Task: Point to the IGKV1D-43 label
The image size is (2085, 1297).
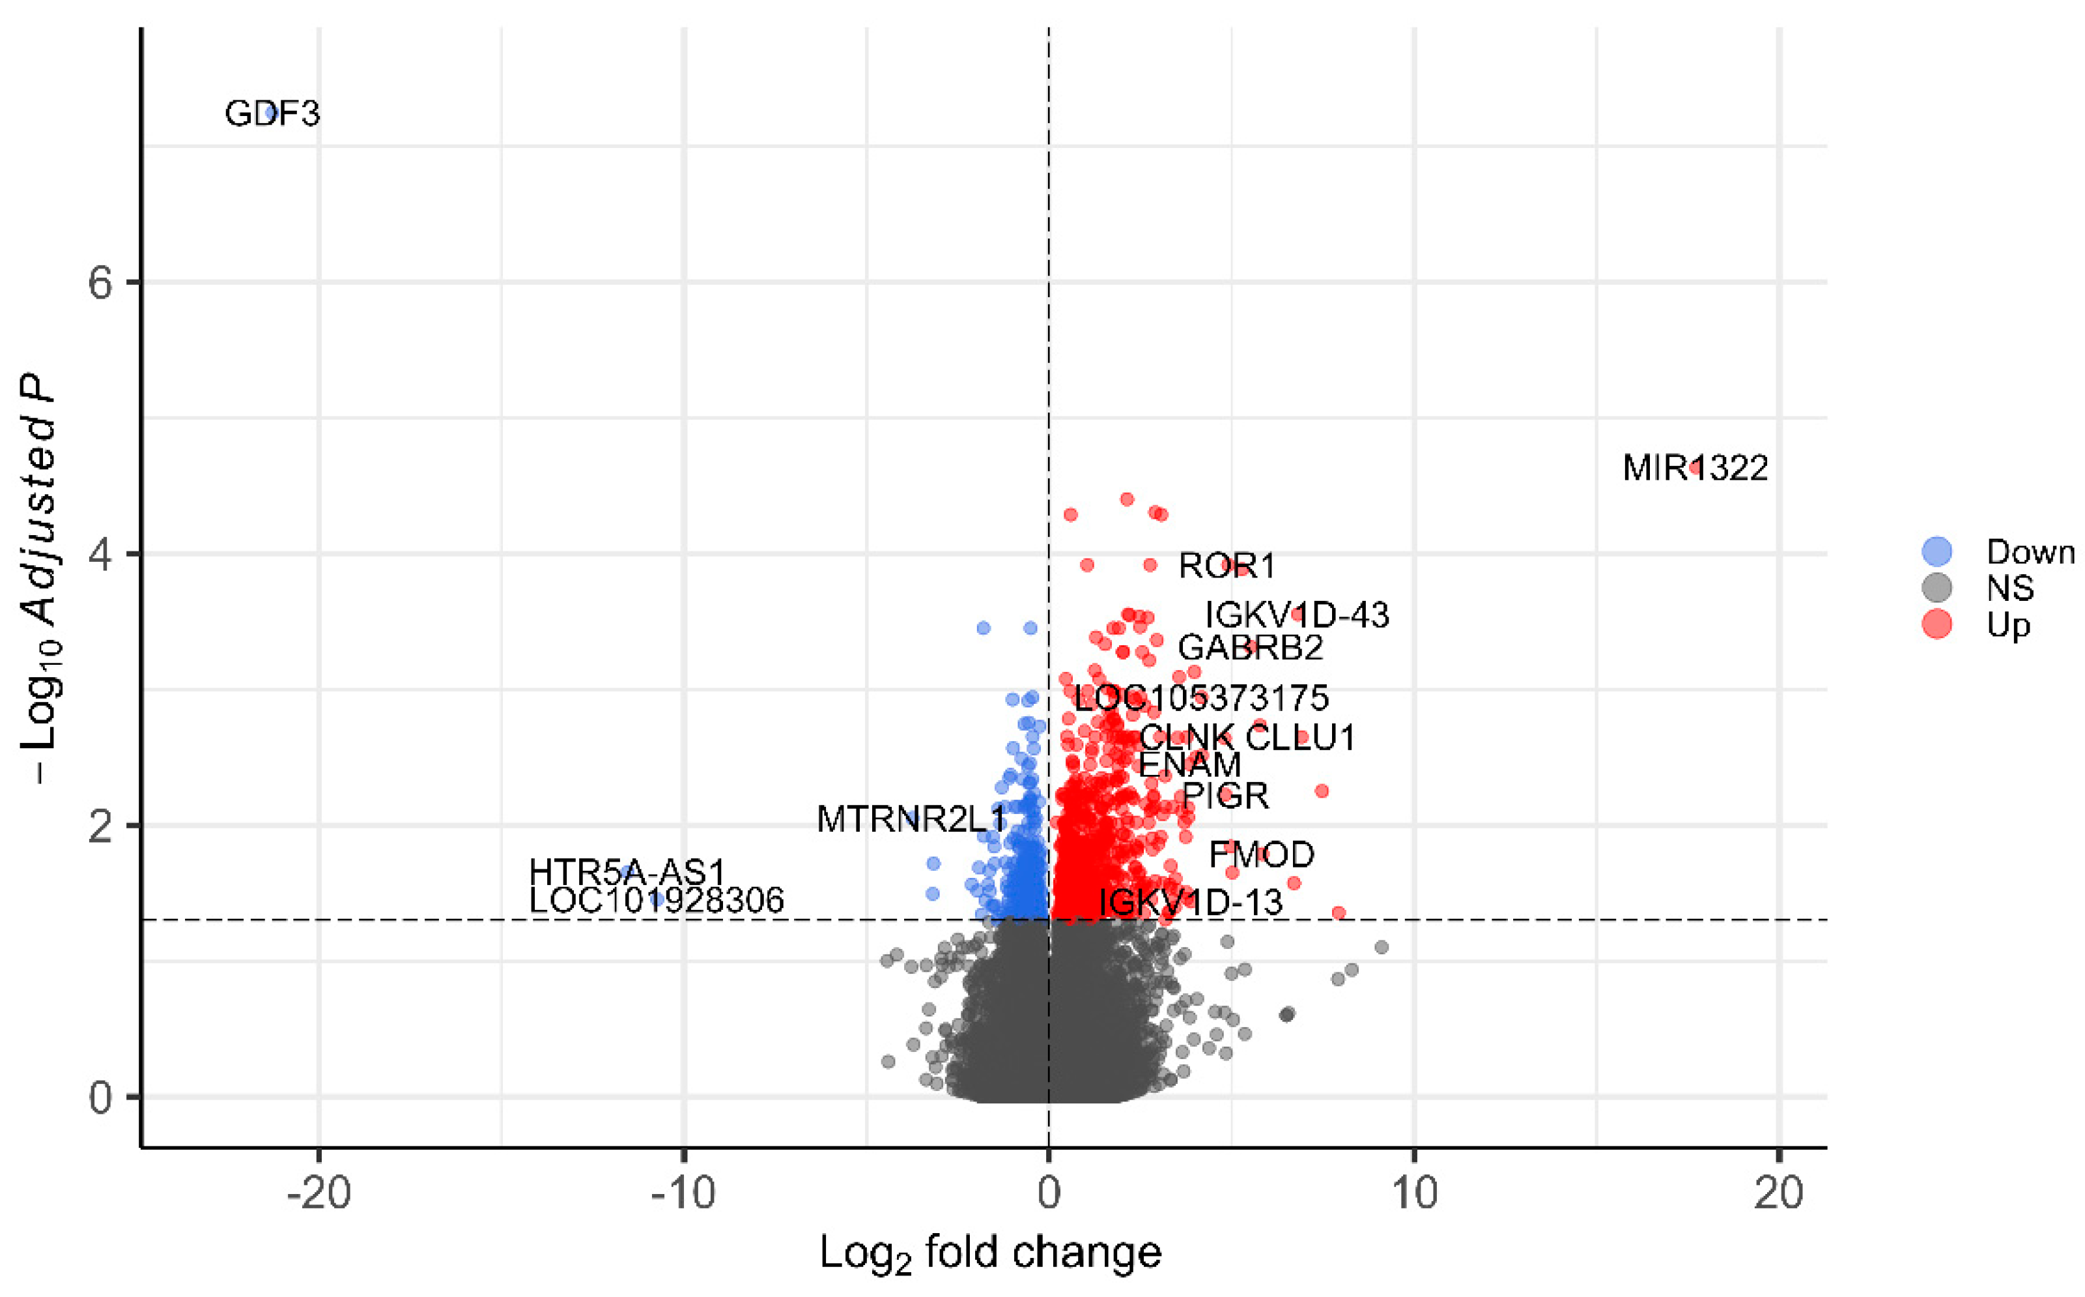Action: [x=1296, y=615]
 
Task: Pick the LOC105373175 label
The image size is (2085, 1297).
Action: [x=1200, y=697]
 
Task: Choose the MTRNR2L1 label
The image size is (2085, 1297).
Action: [x=911, y=819]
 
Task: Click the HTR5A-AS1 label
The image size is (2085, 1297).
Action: [x=627, y=873]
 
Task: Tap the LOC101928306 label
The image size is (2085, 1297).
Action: [x=656, y=900]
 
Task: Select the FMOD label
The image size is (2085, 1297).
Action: [x=1261, y=854]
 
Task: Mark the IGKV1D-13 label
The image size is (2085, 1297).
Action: [x=1191, y=903]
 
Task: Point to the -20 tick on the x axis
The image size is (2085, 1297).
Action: [x=319, y=1193]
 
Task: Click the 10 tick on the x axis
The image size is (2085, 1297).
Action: [x=1413, y=1193]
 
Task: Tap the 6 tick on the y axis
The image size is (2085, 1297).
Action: [x=100, y=282]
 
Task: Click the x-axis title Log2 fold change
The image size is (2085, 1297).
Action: [x=990, y=1253]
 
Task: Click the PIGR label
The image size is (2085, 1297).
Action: [x=1225, y=796]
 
